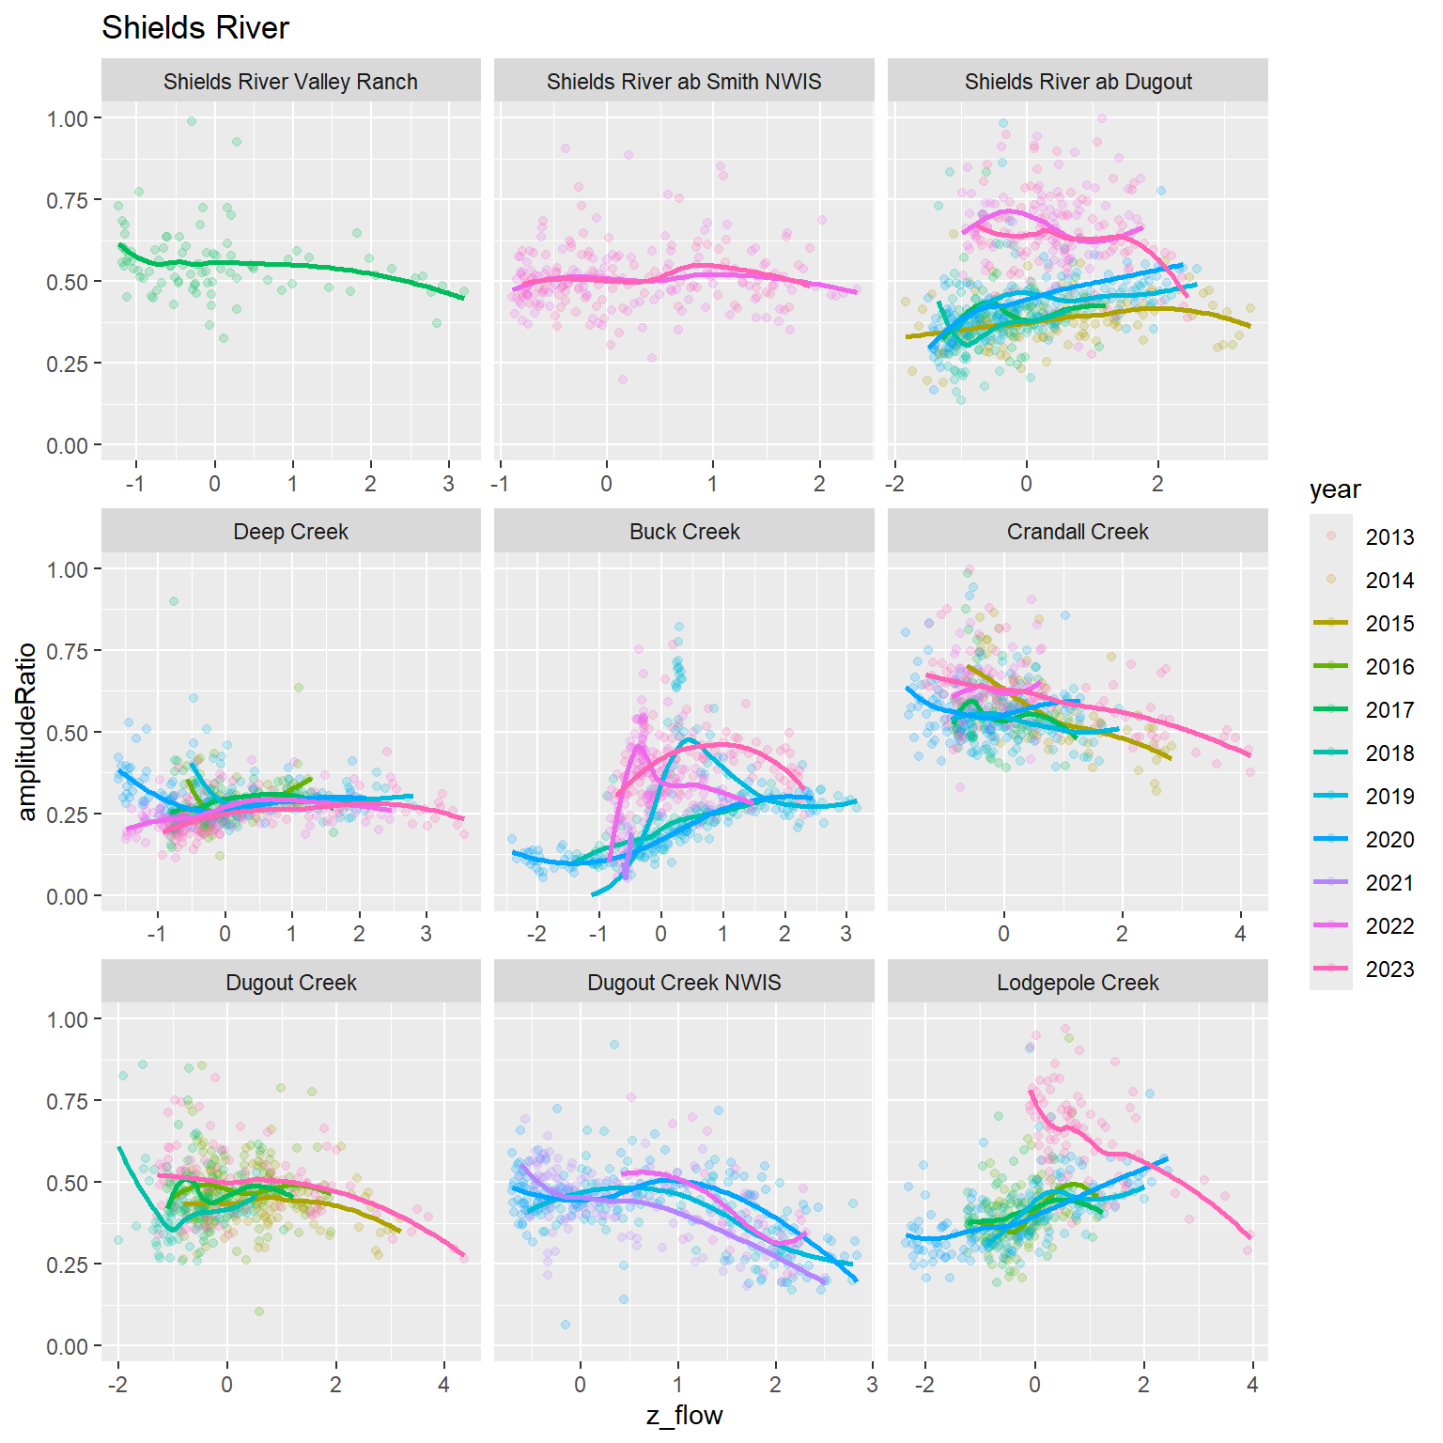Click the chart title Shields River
tap(194, 28)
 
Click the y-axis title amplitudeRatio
tap(26, 732)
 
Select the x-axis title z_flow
tap(684, 1415)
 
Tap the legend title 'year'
tap(1334, 489)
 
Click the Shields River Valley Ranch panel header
tap(290, 82)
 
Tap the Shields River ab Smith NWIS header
tap(684, 82)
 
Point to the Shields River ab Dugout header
tap(1078, 82)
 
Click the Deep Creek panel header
tap(290, 532)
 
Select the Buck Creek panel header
tap(684, 532)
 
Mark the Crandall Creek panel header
tap(1078, 532)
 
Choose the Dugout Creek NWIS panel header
tap(684, 983)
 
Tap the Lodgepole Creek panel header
tap(1078, 983)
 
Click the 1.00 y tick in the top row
tap(68, 118)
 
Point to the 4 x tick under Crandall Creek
tap(1240, 934)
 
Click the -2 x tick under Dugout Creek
tap(117, 1385)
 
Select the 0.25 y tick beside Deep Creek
tap(68, 815)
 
